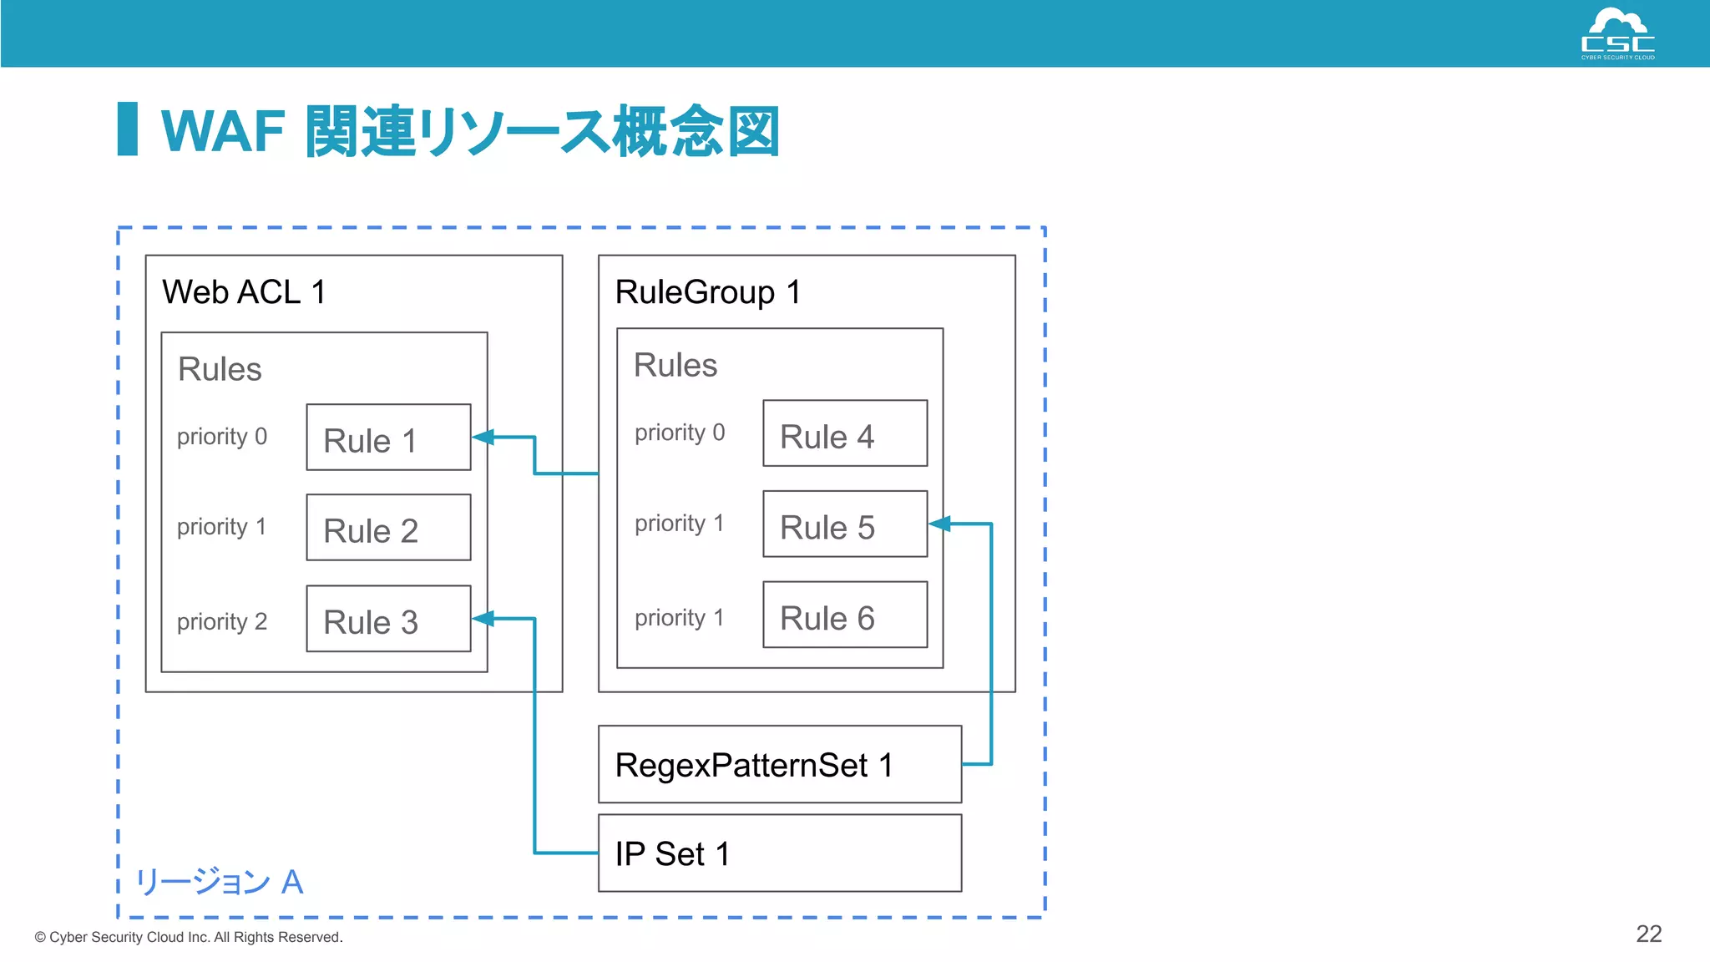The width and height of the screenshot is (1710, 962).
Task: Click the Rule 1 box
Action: coord(388,438)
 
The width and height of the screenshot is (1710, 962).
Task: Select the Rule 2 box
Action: coord(388,528)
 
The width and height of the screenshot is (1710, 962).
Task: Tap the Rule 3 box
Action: coord(388,619)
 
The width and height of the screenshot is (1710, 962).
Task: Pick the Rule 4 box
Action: coord(845,433)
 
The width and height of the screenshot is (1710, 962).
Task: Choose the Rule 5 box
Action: coord(845,524)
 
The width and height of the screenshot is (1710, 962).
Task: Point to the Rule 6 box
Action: coord(845,615)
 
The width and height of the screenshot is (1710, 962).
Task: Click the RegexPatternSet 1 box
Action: coord(780,764)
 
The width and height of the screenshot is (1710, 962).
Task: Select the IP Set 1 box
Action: coord(780,853)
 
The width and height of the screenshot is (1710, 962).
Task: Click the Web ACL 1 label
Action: coord(244,292)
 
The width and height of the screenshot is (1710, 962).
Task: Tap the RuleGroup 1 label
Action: coord(708,292)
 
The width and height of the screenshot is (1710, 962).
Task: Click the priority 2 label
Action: coord(222,621)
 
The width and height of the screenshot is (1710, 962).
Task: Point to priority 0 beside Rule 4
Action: coord(680,433)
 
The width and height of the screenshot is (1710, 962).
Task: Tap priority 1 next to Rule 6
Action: coord(680,618)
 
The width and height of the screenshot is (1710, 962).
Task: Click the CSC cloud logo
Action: coord(1617,33)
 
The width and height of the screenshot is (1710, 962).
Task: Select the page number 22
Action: coord(1648,934)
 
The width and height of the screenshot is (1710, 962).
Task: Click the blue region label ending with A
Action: coord(220,882)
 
